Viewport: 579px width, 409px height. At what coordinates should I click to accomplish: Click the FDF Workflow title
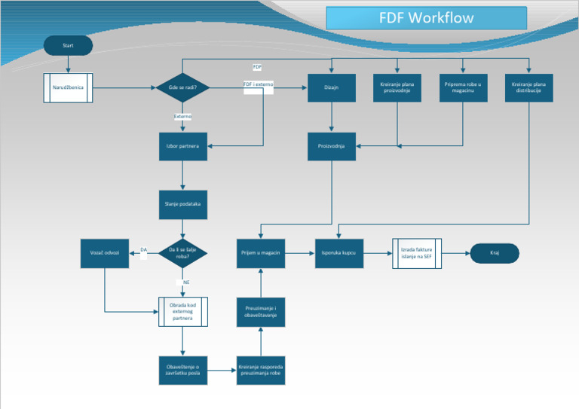(x=426, y=18)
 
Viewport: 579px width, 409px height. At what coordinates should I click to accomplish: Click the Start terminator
(x=69, y=46)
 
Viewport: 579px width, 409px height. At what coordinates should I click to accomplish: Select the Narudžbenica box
(x=68, y=88)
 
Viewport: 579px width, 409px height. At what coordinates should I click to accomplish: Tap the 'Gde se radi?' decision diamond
(x=182, y=88)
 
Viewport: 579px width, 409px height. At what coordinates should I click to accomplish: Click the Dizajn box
(x=332, y=88)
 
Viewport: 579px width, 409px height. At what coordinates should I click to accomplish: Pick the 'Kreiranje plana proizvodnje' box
(x=397, y=88)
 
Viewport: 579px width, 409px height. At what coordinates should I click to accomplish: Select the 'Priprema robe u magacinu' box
(x=463, y=88)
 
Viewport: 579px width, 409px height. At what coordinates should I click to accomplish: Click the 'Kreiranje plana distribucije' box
(x=528, y=88)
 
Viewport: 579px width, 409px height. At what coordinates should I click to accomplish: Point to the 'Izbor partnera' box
(x=182, y=146)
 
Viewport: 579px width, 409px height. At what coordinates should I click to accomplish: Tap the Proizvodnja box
(x=332, y=146)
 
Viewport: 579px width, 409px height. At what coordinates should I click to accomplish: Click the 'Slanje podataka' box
(x=182, y=203)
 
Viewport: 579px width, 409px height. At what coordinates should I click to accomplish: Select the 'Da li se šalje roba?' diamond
(x=182, y=253)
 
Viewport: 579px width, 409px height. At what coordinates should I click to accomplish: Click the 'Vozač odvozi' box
(x=105, y=253)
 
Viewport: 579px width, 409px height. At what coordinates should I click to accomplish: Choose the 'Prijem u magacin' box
(x=260, y=253)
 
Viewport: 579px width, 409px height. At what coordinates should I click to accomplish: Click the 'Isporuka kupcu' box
(x=339, y=253)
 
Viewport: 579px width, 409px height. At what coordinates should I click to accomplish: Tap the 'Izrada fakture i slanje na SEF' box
(x=417, y=253)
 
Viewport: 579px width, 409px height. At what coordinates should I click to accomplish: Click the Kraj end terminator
(x=495, y=253)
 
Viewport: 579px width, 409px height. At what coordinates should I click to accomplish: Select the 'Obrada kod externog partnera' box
(x=182, y=312)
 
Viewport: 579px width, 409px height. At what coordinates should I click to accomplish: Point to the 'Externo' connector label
(x=182, y=117)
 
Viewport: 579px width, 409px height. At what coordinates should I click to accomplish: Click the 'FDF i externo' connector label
(x=259, y=84)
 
